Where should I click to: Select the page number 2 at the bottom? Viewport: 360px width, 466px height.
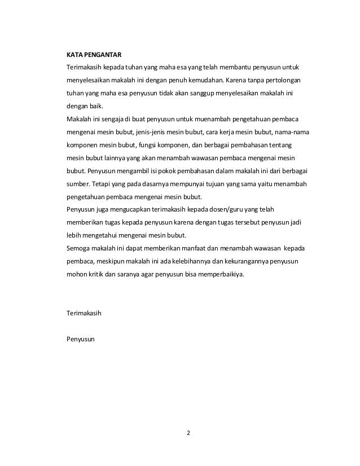pyautogui.click(x=188, y=433)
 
